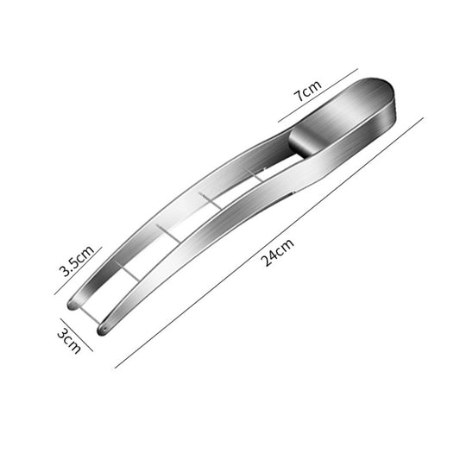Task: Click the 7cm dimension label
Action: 308,90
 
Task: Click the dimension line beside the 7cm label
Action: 318,96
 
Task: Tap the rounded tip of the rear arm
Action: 73,304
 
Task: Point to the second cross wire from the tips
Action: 168,231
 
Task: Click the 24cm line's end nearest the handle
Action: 424,118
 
